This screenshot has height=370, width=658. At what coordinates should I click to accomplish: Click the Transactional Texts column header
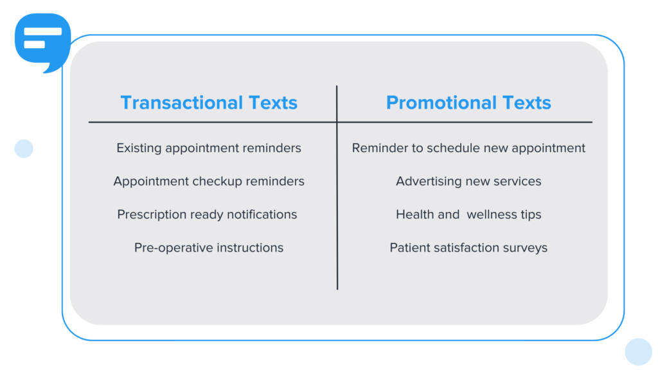point(209,103)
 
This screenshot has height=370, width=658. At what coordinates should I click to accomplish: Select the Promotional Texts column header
point(468,103)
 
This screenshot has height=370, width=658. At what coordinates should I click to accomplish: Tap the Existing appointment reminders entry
point(209,148)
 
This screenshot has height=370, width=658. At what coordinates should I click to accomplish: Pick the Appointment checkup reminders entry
point(209,181)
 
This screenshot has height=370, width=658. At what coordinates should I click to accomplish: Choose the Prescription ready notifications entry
point(207,215)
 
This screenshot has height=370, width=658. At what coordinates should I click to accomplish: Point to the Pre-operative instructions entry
point(209,247)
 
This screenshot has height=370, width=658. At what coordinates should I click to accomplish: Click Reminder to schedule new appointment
point(468,148)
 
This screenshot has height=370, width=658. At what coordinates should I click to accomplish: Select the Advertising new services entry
point(468,181)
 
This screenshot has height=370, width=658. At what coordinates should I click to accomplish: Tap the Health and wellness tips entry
point(468,215)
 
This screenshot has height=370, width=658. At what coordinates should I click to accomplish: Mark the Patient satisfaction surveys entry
point(468,247)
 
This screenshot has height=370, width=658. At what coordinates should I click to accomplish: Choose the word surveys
point(526,247)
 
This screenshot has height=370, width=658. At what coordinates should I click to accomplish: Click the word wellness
point(493,215)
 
